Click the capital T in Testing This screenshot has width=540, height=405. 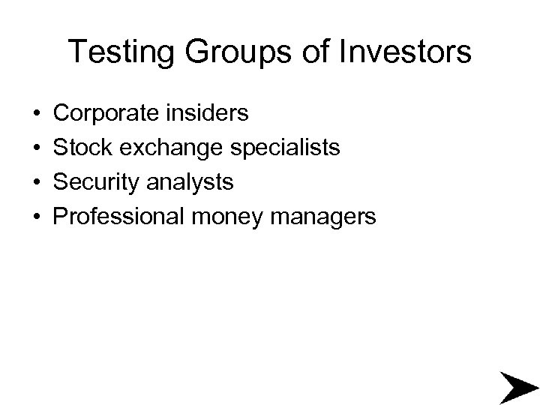tap(76, 52)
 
